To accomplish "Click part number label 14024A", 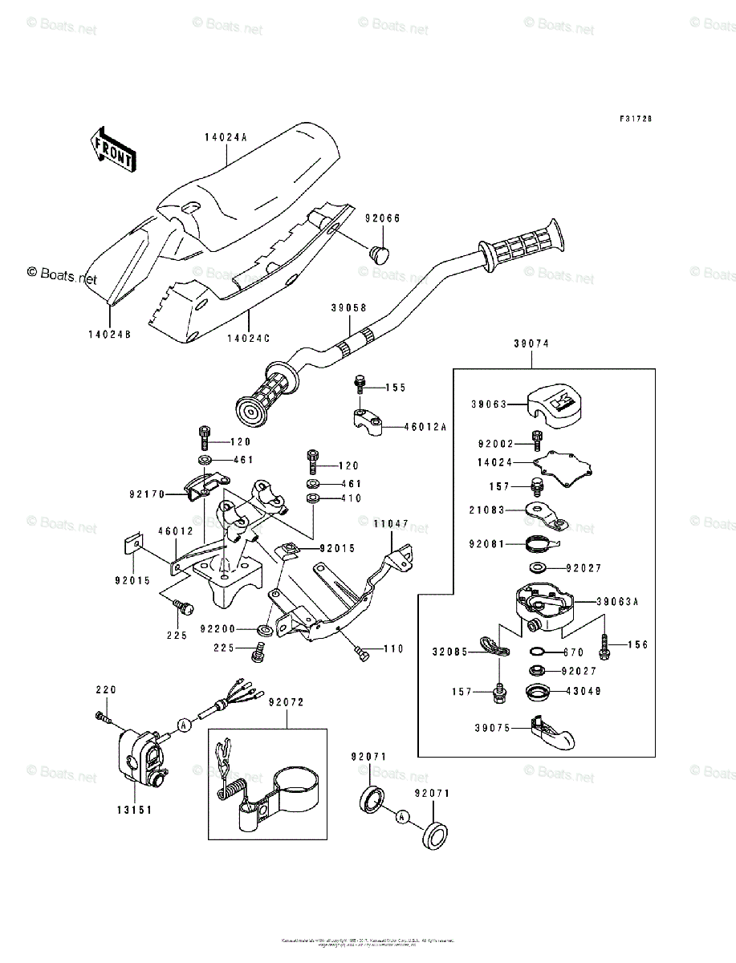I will point(224,137).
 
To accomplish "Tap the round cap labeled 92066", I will point(378,254).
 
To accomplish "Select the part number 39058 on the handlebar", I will point(348,307).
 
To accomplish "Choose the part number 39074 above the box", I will point(531,343).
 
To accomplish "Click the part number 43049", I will point(580,691).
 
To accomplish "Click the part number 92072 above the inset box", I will point(287,702).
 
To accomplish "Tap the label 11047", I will point(390,523).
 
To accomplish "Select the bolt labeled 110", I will point(363,656).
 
